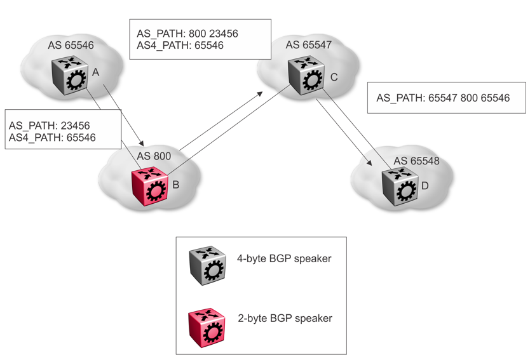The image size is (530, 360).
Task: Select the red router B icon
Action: (151, 188)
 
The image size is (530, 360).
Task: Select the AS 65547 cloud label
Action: (309, 45)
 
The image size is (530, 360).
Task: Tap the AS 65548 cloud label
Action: (417, 162)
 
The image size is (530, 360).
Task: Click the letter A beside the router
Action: (96, 73)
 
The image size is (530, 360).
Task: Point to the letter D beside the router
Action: (425, 187)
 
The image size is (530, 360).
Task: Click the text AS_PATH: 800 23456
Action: (187, 33)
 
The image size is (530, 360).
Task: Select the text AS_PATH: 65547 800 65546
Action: (443, 98)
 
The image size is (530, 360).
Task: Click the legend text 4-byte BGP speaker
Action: (284, 258)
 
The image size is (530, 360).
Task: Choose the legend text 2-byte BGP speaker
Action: (285, 318)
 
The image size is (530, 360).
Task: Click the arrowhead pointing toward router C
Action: (261, 93)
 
